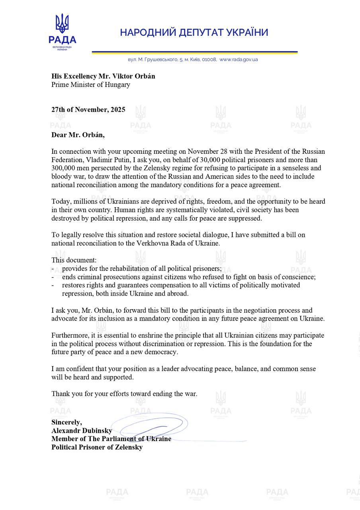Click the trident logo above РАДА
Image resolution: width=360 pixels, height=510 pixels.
pos(62,24)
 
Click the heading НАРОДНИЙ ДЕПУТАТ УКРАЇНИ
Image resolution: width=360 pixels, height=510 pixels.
pos(194,33)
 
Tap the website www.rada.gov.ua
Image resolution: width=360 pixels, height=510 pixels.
pos(239,59)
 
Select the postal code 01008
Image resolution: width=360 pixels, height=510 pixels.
pos(209,59)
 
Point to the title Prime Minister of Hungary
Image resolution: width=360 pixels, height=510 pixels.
pos(90,84)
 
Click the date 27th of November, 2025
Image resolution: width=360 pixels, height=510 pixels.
pos(88,110)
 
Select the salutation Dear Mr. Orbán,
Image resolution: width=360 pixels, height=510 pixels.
pos(78,135)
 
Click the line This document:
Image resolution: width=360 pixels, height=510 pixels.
pos(74,260)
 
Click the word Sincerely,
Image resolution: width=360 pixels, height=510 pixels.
pos(67,422)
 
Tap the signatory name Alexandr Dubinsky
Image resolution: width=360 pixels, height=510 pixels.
pos(82,431)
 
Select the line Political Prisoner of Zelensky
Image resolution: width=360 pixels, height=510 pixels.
pos(97,447)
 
